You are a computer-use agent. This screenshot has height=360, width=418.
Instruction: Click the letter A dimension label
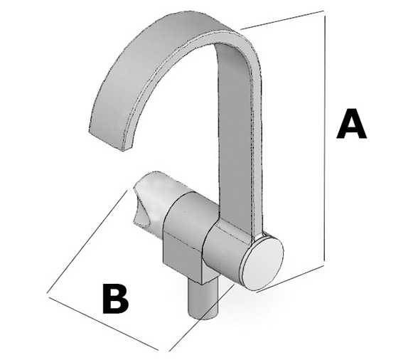point(351,124)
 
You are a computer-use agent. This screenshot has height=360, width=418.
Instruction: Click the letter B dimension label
point(116,299)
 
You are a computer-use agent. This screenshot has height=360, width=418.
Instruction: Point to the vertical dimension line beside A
point(325,138)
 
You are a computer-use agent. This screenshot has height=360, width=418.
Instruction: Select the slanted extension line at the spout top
point(282,20)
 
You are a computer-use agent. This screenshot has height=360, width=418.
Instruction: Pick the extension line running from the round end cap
point(290,279)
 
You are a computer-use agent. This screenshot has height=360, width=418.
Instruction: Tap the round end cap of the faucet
point(262,264)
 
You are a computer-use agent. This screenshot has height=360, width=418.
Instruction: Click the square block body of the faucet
point(184,240)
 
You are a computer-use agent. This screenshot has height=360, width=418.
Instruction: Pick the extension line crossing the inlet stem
point(202,317)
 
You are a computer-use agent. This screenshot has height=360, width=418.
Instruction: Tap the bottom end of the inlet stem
point(203,315)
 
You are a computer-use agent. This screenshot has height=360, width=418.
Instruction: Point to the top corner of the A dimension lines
point(323,11)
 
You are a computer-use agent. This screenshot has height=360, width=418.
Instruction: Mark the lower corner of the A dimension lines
point(324,265)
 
